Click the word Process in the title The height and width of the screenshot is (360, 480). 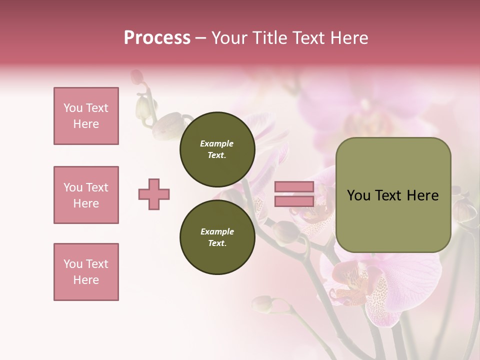click(x=157, y=38)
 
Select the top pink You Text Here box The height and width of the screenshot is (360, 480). click(x=86, y=116)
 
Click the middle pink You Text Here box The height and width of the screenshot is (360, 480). click(x=86, y=195)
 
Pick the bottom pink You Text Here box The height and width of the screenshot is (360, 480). click(x=86, y=272)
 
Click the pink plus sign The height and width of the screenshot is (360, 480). click(x=154, y=194)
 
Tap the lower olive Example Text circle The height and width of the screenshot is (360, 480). click(x=217, y=237)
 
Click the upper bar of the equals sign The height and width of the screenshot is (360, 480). click(x=294, y=187)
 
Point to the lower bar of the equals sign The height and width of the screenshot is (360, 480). click(x=294, y=201)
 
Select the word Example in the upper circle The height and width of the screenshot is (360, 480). click(x=217, y=143)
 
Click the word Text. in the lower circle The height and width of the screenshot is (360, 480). click(x=217, y=243)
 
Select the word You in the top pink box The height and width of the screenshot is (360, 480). click(x=72, y=108)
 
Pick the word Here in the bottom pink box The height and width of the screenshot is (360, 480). click(x=86, y=280)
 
